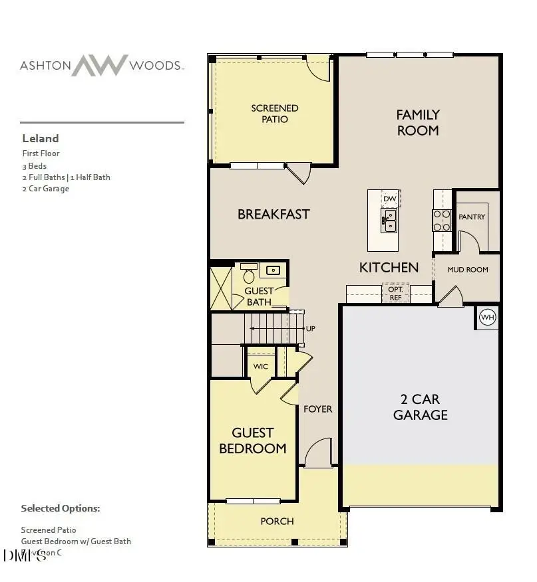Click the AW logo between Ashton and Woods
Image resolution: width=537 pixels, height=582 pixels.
pos(99,65)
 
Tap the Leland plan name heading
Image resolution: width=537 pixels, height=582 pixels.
pos(41,138)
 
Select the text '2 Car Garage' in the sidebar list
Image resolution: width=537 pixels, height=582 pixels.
pos(45,189)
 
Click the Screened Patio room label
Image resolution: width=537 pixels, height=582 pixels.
pos(274,114)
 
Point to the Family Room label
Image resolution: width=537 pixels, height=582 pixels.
pos(418,123)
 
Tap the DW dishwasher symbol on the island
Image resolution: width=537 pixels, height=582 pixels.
pos(390,199)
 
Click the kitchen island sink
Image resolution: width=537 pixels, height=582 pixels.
pos(389,220)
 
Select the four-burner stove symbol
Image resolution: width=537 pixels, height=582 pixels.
pos(442,220)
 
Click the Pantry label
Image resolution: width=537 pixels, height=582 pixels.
pos(472,217)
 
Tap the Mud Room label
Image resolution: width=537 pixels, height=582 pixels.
pos(468,270)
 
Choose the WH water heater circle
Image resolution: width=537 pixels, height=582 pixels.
pos(488,318)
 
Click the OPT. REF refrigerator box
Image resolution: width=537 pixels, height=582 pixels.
pos(395,293)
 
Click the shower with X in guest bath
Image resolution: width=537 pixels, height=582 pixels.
pos(220,287)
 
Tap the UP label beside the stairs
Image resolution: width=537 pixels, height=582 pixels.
pos(310,329)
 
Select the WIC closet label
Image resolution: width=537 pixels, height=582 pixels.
pos(260,367)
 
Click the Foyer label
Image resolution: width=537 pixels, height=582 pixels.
pos(317,409)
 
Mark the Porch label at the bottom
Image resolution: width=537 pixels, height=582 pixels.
pos(277,521)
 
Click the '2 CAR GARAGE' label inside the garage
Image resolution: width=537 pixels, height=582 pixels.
pos(420,407)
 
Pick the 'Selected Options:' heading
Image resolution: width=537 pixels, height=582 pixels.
pos(60,508)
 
